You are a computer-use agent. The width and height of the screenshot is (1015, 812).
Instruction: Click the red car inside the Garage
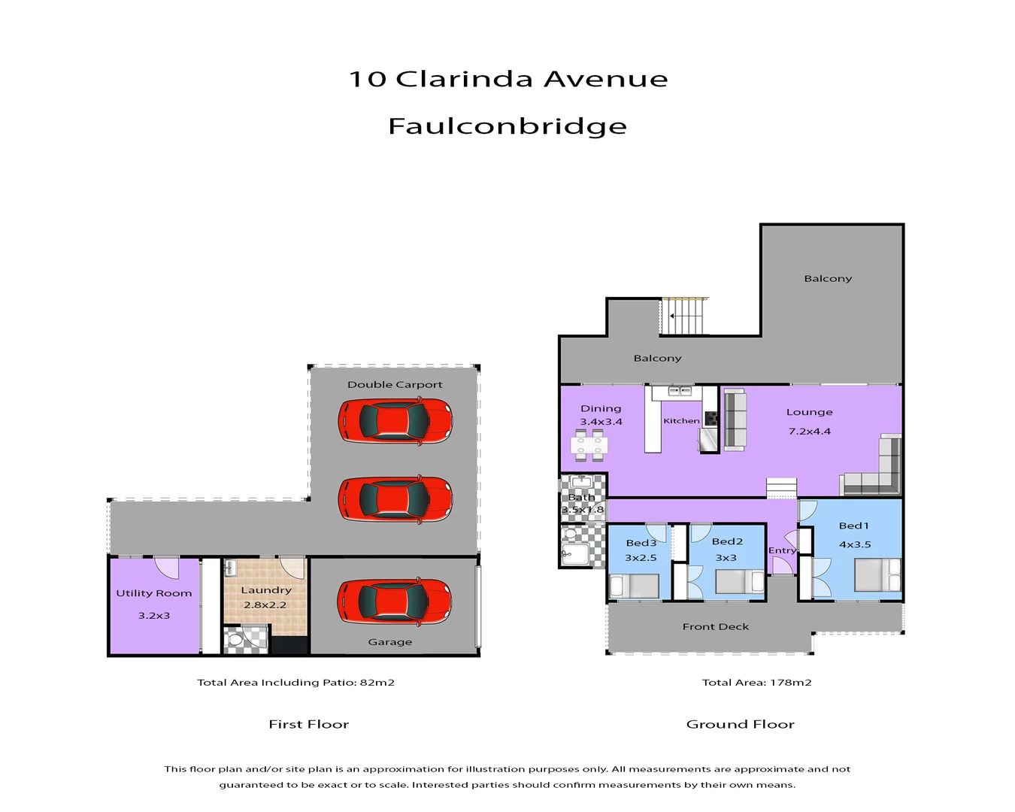pyautogui.click(x=395, y=601)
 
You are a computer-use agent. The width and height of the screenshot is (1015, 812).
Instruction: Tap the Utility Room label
pyautogui.click(x=154, y=593)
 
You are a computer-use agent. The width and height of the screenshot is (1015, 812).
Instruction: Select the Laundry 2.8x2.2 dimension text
pyautogui.click(x=265, y=605)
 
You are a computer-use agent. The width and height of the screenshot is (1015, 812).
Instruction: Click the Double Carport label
pyautogui.click(x=395, y=385)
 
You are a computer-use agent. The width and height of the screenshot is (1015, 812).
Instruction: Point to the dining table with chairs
pyautogui.click(x=589, y=444)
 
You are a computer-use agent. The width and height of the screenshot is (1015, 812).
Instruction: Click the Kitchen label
pyautogui.click(x=681, y=421)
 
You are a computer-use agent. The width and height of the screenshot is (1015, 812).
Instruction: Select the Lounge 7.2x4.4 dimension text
pyautogui.click(x=809, y=432)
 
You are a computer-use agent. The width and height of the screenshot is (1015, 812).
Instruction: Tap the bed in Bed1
pyautogui.click(x=877, y=576)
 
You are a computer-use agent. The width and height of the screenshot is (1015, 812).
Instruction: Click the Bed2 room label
pyautogui.click(x=727, y=541)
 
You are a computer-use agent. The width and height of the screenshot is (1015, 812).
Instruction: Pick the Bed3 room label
pyautogui.click(x=641, y=543)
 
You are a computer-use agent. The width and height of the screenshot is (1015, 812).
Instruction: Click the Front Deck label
pyautogui.click(x=716, y=627)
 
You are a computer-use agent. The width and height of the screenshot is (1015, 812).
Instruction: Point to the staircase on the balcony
pyautogui.click(x=685, y=316)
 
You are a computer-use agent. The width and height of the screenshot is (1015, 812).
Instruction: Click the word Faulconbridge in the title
pyautogui.click(x=507, y=126)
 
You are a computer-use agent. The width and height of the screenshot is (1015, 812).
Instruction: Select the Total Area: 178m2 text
pyautogui.click(x=756, y=683)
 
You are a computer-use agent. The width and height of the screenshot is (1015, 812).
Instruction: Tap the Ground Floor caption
pyautogui.click(x=740, y=724)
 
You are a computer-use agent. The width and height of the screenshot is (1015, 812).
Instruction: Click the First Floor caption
pyautogui.click(x=308, y=724)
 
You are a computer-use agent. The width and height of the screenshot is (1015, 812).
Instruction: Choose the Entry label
pyautogui.click(x=782, y=550)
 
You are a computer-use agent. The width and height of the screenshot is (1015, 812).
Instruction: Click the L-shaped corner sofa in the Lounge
pyautogui.click(x=876, y=474)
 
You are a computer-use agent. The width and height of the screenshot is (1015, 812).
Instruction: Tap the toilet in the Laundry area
pyautogui.click(x=235, y=640)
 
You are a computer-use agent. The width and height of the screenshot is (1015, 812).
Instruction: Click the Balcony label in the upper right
pyautogui.click(x=828, y=279)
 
